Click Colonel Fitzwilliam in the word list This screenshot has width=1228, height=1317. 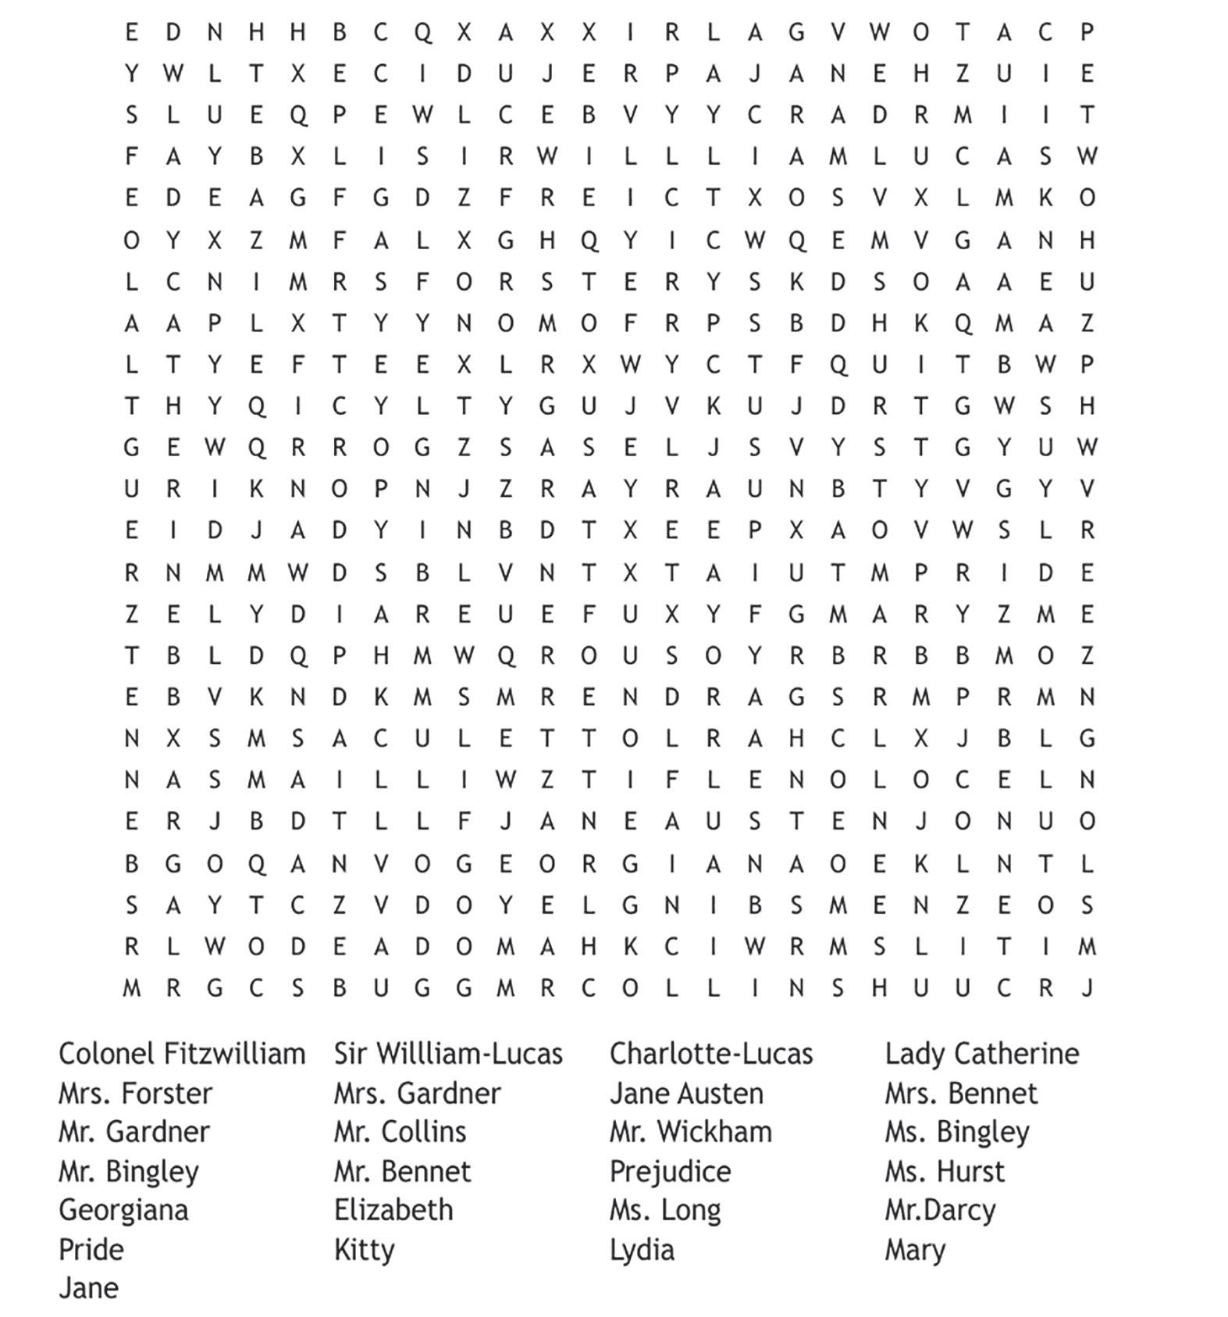tap(182, 1054)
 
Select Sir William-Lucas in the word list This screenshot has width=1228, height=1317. tap(448, 1054)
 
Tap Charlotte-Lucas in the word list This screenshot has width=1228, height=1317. tap(711, 1054)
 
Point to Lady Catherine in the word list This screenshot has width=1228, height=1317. tap(981, 1054)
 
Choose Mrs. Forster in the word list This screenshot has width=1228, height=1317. tap(135, 1093)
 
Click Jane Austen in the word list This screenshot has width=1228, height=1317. tap(686, 1093)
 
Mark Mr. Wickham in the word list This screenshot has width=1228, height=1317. tap(690, 1132)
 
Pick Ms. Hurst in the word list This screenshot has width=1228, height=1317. tap(945, 1171)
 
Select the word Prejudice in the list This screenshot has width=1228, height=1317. tap(670, 1171)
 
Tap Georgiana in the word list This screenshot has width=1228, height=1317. tap(123, 1210)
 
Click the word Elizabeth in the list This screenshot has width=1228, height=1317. tap(393, 1210)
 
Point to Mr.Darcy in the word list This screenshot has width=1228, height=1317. tap(940, 1210)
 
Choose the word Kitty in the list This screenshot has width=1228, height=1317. tap(364, 1250)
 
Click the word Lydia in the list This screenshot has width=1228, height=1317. tap(642, 1250)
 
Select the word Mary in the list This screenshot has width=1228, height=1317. tap(914, 1250)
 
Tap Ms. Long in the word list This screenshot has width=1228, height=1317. tap(665, 1210)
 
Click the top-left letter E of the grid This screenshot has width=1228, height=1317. tap(131, 32)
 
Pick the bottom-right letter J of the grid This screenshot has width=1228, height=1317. tap(1087, 988)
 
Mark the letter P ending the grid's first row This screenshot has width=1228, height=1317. tap(1087, 32)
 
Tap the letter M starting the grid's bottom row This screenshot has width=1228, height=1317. tap(131, 988)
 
